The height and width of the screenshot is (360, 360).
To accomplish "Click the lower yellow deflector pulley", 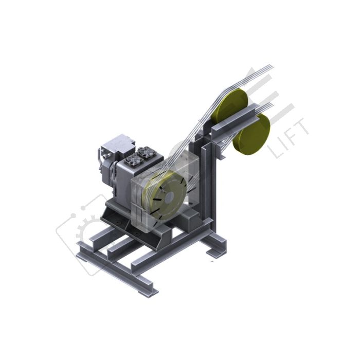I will click(252, 133).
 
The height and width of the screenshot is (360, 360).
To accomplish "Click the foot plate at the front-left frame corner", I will click(149, 290).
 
